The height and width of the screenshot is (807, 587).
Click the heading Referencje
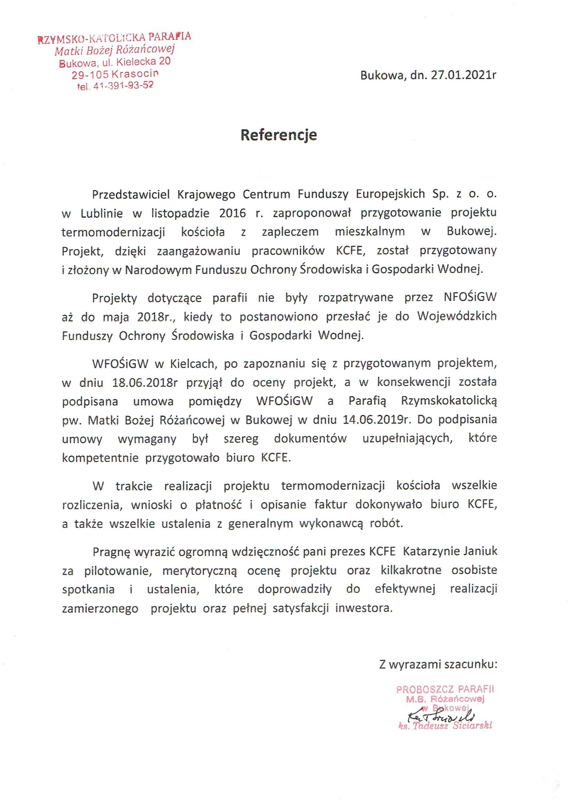click(279, 135)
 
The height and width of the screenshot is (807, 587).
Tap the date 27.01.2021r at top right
click(463, 75)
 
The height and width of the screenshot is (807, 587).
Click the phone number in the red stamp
click(123, 86)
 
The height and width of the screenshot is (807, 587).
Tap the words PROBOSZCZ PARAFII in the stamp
click(445, 689)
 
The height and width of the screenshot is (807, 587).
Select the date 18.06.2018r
click(145, 382)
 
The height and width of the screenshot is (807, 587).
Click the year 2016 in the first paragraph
click(232, 213)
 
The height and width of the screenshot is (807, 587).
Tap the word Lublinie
click(102, 213)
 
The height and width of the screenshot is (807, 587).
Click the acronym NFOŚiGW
click(470, 297)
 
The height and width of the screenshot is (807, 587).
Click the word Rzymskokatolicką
click(449, 401)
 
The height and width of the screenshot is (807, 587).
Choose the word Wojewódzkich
click(457, 316)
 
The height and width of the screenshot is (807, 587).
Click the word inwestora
click(364, 608)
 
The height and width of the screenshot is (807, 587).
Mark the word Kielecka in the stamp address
click(136, 62)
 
